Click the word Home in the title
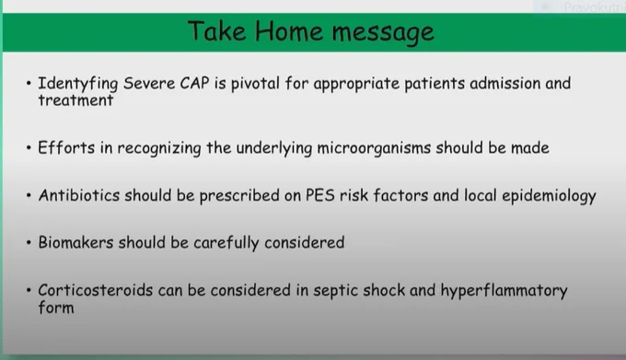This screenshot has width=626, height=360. point(289,31)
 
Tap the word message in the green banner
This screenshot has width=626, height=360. point(383,33)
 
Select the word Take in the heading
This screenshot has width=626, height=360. point(216,30)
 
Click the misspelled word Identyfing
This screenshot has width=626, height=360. point(78,84)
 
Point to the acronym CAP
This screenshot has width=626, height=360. point(194,83)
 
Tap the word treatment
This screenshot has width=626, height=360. point(75,100)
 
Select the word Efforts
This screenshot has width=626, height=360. point(66,147)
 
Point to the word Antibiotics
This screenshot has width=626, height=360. point(79,195)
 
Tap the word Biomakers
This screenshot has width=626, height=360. point(75,242)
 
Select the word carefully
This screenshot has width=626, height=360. point(226,243)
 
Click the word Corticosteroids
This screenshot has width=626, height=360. point(96,290)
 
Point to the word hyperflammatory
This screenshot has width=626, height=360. point(504,291)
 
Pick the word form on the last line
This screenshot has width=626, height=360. point(56,308)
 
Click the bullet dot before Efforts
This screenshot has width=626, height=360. point(29,148)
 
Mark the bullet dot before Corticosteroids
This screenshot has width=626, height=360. point(29,290)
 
